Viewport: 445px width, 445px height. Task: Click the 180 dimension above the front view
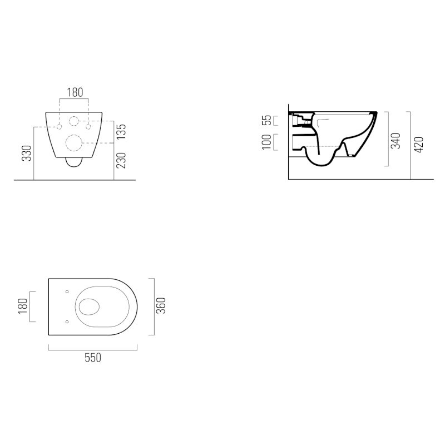(75, 92)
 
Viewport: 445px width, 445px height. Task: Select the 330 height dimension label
(27, 154)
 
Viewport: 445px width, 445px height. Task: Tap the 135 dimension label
(121, 132)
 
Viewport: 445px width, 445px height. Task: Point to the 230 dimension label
(121, 161)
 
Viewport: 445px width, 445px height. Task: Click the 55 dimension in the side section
(266, 120)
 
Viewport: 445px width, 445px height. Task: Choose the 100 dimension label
(266, 142)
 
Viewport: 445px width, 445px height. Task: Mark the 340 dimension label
(395, 141)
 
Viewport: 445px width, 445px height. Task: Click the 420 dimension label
(419, 145)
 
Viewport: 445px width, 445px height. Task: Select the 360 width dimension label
(161, 305)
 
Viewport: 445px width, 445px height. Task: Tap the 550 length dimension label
(93, 358)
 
